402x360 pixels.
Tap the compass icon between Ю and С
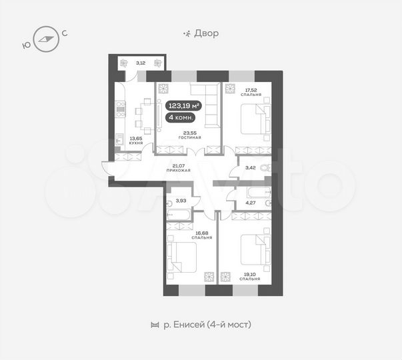point(45,38)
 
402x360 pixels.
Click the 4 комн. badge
point(181,118)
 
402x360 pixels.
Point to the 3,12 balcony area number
point(140,63)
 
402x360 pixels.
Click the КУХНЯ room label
point(126,143)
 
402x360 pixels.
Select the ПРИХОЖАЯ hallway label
point(178,171)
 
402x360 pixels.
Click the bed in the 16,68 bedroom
point(183,257)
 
